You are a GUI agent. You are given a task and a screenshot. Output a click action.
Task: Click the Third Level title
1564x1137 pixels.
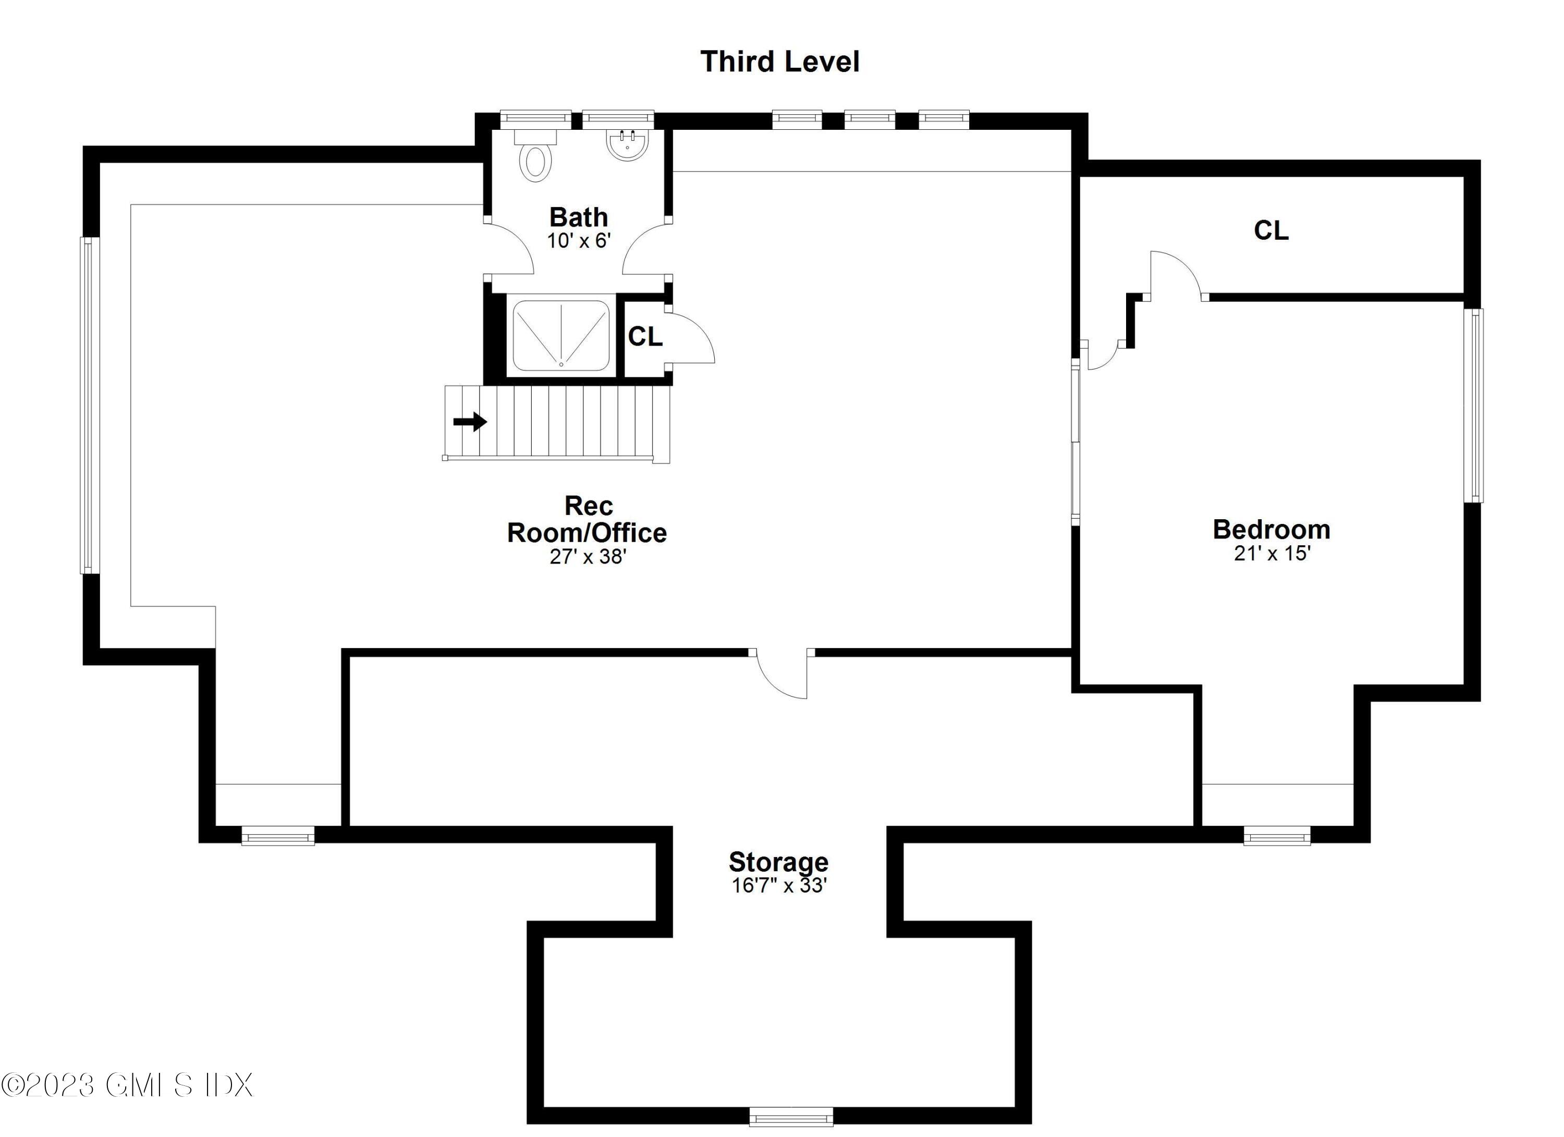click(x=780, y=62)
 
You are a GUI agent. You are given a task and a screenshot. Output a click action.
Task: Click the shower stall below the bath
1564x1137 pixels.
click(x=560, y=335)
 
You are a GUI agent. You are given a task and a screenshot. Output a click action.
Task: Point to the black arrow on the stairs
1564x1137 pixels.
click(x=470, y=421)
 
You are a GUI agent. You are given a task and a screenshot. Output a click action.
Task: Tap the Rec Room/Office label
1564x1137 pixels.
click(x=588, y=519)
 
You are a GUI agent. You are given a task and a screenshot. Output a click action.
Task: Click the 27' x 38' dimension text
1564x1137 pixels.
click(x=588, y=556)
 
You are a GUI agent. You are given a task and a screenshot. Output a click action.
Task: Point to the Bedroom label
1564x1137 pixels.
click(x=1272, y=530)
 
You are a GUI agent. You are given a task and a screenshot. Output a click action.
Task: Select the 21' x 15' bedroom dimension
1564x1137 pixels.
click(x=1272, y=553)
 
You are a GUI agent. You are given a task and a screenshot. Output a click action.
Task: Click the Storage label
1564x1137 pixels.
click(x=778, y=862)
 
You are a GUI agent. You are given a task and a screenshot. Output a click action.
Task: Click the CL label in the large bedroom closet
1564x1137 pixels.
click(x=1271, y=230)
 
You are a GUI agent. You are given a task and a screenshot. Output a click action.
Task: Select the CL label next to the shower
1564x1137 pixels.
click(x=645, y=336)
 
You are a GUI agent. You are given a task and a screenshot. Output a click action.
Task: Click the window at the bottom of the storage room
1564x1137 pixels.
click(x=791, y=1116)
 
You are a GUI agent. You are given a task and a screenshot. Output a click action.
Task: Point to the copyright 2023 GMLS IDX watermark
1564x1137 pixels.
click(x=128, y=1084)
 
